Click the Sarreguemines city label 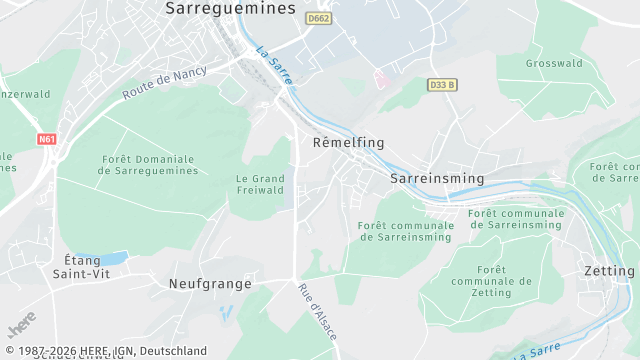tap(230, 8)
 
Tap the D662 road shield tap(319, 18)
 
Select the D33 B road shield tap(441, 85)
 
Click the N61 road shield tap(47, 139)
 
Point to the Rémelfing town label tap(348, 143)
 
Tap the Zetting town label tap(608, 271)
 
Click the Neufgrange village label tap(210, 284)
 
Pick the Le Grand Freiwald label tap(260, 184)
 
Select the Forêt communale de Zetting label tap(491, 281)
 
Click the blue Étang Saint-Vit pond tap(114, 258)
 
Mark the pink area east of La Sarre tap(381, 77)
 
